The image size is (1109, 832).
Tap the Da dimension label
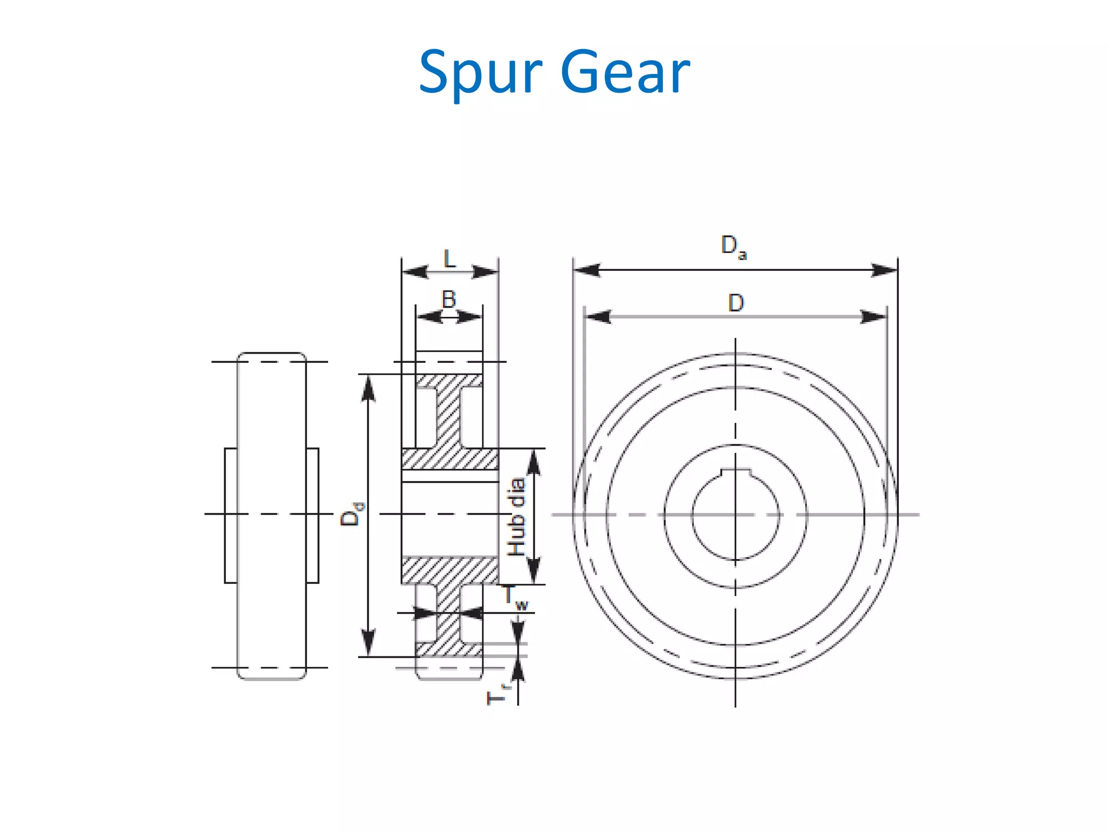click(x=733, y=246)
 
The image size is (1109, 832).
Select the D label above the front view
click(x=735, y=303)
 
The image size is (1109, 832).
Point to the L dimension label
click(x=449, y=259)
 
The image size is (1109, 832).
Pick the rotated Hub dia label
click(x=516, y=517)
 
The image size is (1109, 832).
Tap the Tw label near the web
click(x=514, y=597)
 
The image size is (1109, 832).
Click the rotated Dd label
click(x=351, y=514)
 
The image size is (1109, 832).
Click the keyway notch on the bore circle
click(x=735, y=472)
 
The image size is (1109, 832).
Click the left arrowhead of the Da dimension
click(x=586, y=270)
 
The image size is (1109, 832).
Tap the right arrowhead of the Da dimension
click(x=884, y=270)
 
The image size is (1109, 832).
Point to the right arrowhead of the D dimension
click(x=873, y=317)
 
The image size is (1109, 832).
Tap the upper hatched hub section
click(x=449, y=459)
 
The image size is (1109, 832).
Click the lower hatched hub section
click(x=449, y=570)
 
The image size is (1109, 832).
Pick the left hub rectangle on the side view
click(x=231, y=515)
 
